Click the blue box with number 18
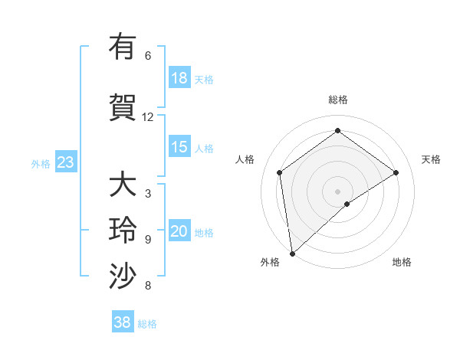coord(179,78)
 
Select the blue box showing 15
coord(179,147)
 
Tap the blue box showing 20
coord(179,231)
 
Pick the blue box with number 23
coord(65,162)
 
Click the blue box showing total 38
coord(123,322)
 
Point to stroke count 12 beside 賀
coord(148,117)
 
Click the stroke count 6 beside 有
coord(148,56)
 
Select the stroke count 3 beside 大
coord(148,194)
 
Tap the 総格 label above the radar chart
coord(338,100)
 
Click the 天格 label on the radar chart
coord(431,159)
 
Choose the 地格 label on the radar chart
coord(402,262)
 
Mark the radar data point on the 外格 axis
coord(291,253)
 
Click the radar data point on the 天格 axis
coord(396,172)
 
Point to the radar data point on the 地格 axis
coord(347,204)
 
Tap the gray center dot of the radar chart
coord(338,191)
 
